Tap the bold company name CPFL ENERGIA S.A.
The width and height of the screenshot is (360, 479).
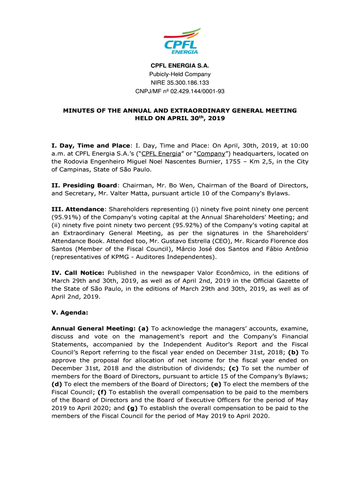180,65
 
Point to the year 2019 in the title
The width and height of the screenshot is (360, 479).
216,119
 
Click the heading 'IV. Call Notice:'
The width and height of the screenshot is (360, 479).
78,273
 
